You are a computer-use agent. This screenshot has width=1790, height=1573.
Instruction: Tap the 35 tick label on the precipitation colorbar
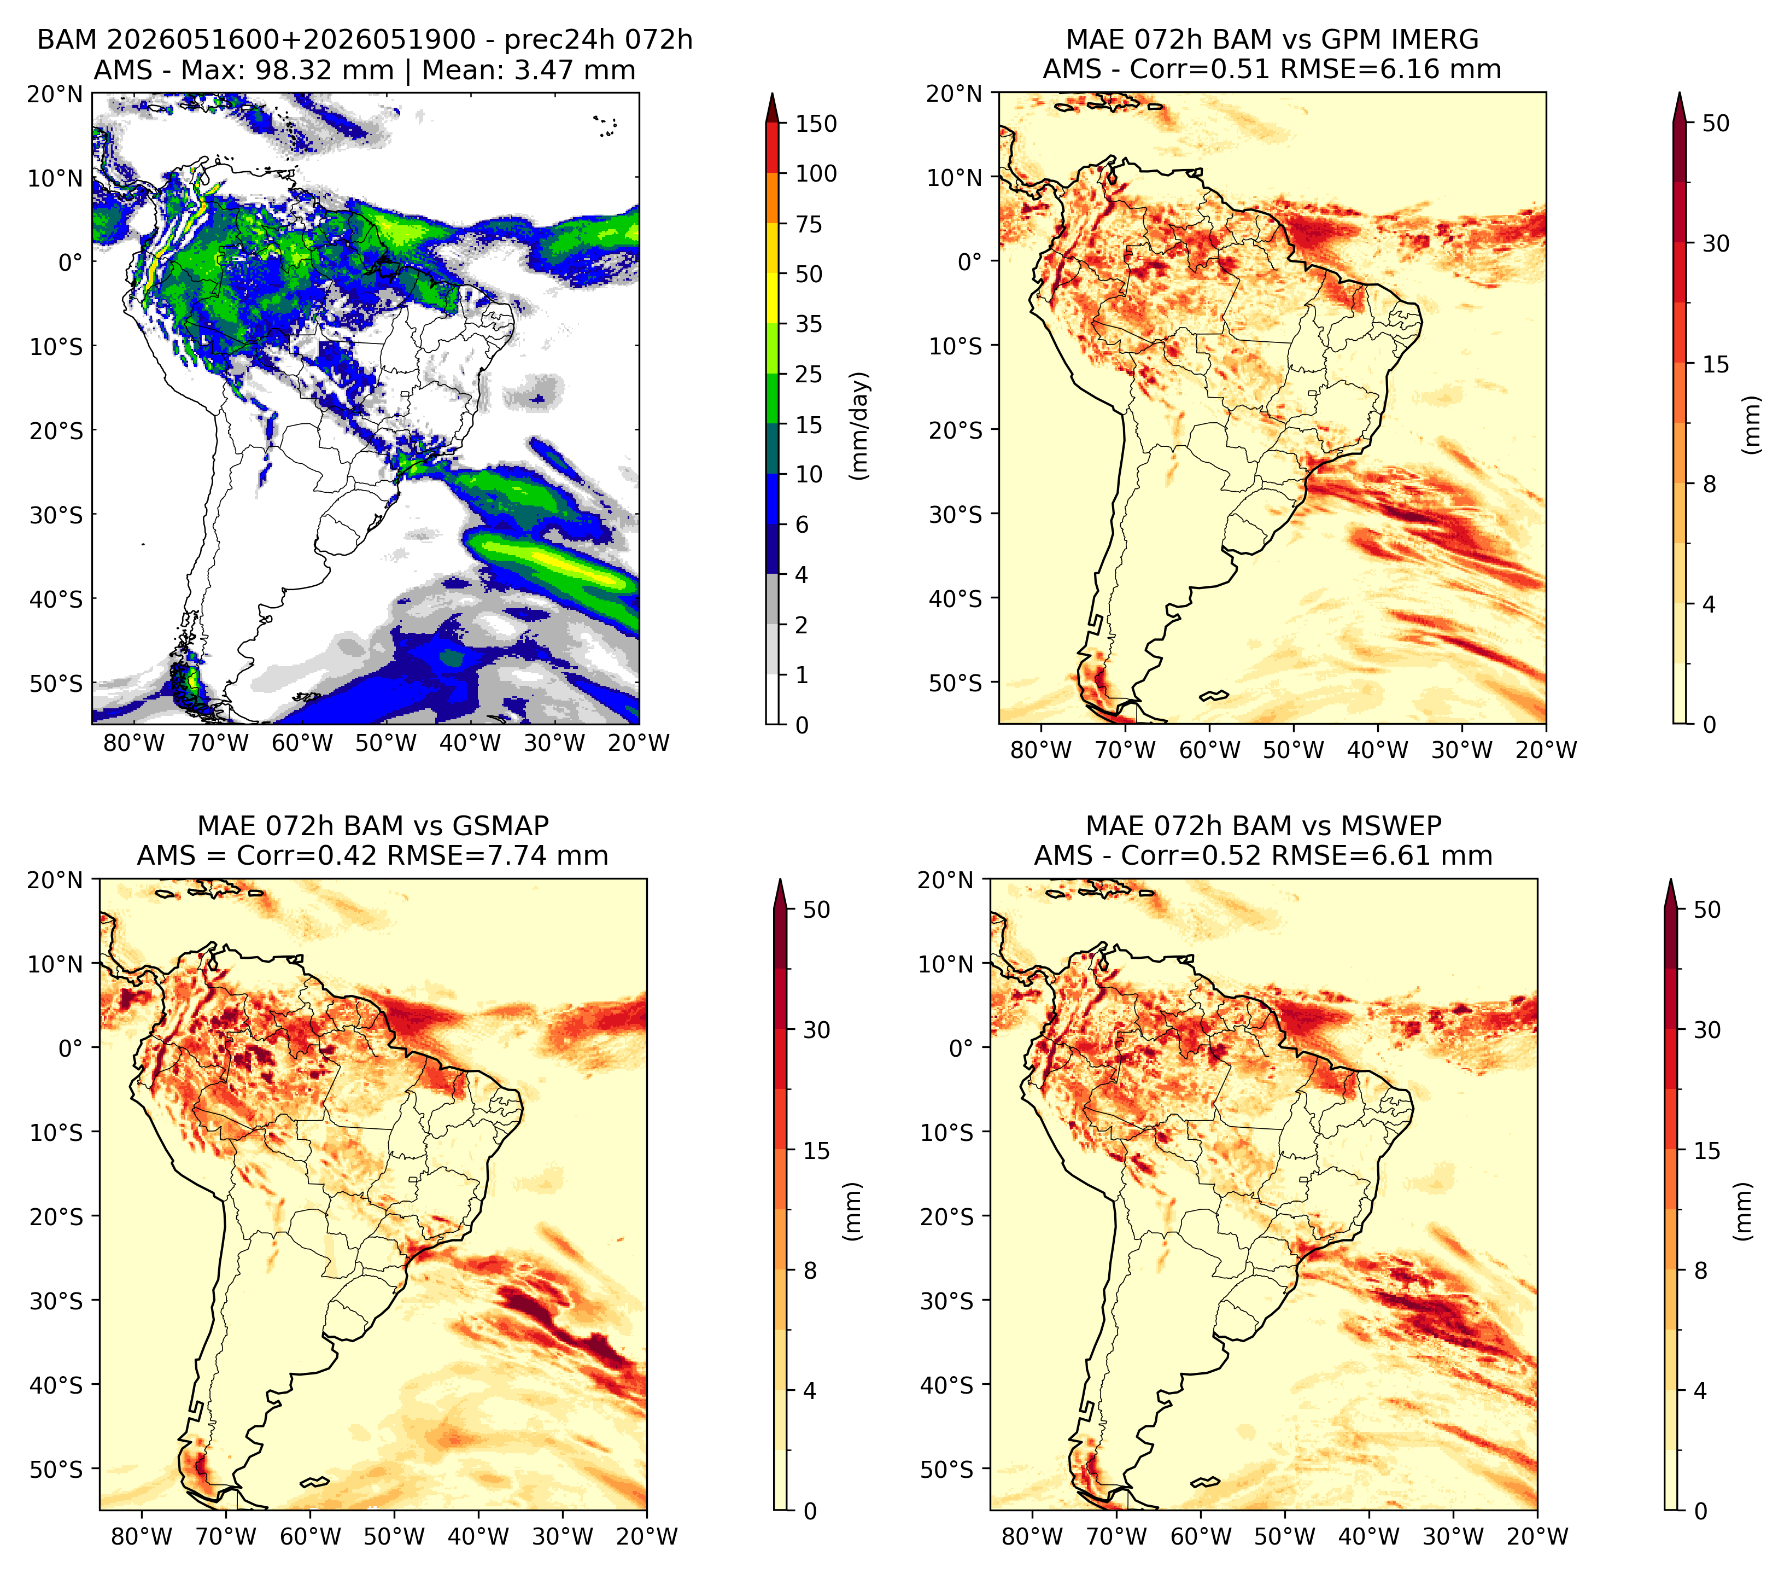coord(808,324)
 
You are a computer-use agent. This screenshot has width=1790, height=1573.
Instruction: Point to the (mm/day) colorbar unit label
coord(860,426)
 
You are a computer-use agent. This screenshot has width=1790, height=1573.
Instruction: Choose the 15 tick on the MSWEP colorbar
coord(1707,1151)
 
